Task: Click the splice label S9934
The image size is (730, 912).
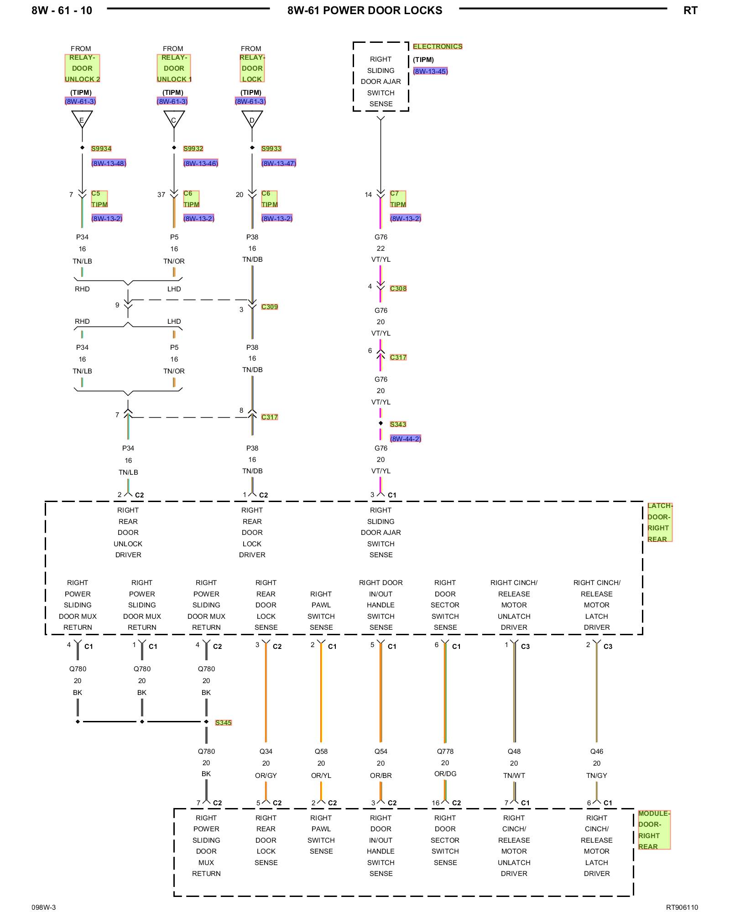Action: pyautogui.click(x=101, y=149)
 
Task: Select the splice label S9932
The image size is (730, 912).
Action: pyautogui.click(x=193, y=149)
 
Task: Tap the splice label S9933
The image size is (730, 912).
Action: pyautogui.click(x=271, y=149)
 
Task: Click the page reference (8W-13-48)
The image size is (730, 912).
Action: pyautogui.click(x=109, y=163)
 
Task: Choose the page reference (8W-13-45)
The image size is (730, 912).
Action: pyautogui.click(x=430, y=71)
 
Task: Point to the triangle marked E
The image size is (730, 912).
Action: pyautogui.click(x=82, y=119)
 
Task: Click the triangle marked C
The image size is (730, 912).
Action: pyautogui.click(x=174, y=119)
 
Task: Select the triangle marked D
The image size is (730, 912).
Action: pyautogui.click(x=252, y=119)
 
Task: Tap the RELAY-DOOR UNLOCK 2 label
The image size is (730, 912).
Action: pyautogui.click(x=82, y=68)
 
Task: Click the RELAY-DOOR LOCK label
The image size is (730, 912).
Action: pyautogui.click(x=252, y=68)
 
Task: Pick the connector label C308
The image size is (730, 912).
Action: pyautogui.click(x=398, y=289)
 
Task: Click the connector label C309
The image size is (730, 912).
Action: pyautogui.click(x=269, y=307)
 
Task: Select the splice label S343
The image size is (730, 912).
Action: pyautogui.click(x=398, y=425)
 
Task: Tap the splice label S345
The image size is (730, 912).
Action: pyautogui.click(x=223, y=723)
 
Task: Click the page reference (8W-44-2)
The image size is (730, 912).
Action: pyautogui.click(x=405, y=439)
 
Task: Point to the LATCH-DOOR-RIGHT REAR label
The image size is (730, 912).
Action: pyautogui.click(x=659, y=523)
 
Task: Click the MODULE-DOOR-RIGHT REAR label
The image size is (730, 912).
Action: pyautogui.click(x=654, y=830)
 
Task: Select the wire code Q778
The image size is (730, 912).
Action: pyautogui.click(x=445, y=751)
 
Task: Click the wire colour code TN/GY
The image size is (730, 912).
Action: pyautogui.click(x=596, y=775)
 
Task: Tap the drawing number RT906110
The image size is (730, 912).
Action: pyautogui.click(x=682, y=907)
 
